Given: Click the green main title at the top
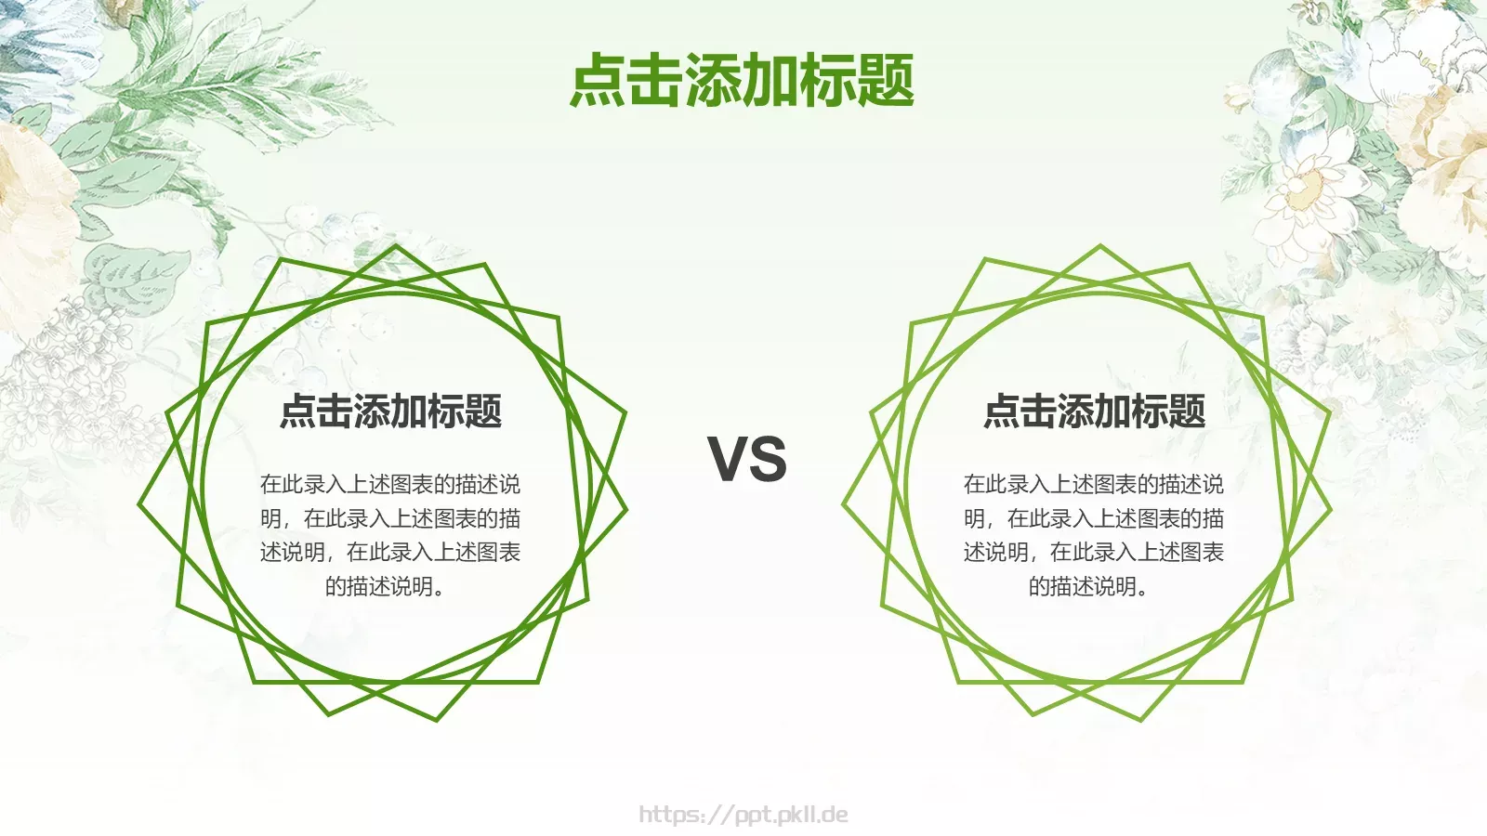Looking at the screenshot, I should coord(742,80).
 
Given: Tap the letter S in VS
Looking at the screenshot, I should coord(769,459).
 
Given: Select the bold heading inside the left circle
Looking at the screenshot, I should coord(390,411).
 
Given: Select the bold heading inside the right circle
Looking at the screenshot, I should coord(1094,411).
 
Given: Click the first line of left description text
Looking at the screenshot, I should coord(390,484).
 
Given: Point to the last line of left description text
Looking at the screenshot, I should coord(385,586).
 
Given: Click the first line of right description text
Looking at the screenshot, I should coord(1094,484).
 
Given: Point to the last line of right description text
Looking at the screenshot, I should coord(1088,586).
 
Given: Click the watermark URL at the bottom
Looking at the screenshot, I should coord(743,816).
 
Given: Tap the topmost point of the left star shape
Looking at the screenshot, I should coord(396,246).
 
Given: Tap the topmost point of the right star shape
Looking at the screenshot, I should coord(1100,246).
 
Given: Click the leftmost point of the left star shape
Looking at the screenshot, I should coord(139,504).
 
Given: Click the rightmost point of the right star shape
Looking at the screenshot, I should coord(1331,509).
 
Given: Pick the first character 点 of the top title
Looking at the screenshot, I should coord(598,80).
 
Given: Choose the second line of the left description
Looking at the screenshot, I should coord(390,518).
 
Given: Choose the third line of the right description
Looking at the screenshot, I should coord(1094,553).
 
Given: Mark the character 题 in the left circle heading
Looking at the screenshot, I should coord(483,411).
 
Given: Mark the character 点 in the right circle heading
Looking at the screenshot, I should coord(1002,411).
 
